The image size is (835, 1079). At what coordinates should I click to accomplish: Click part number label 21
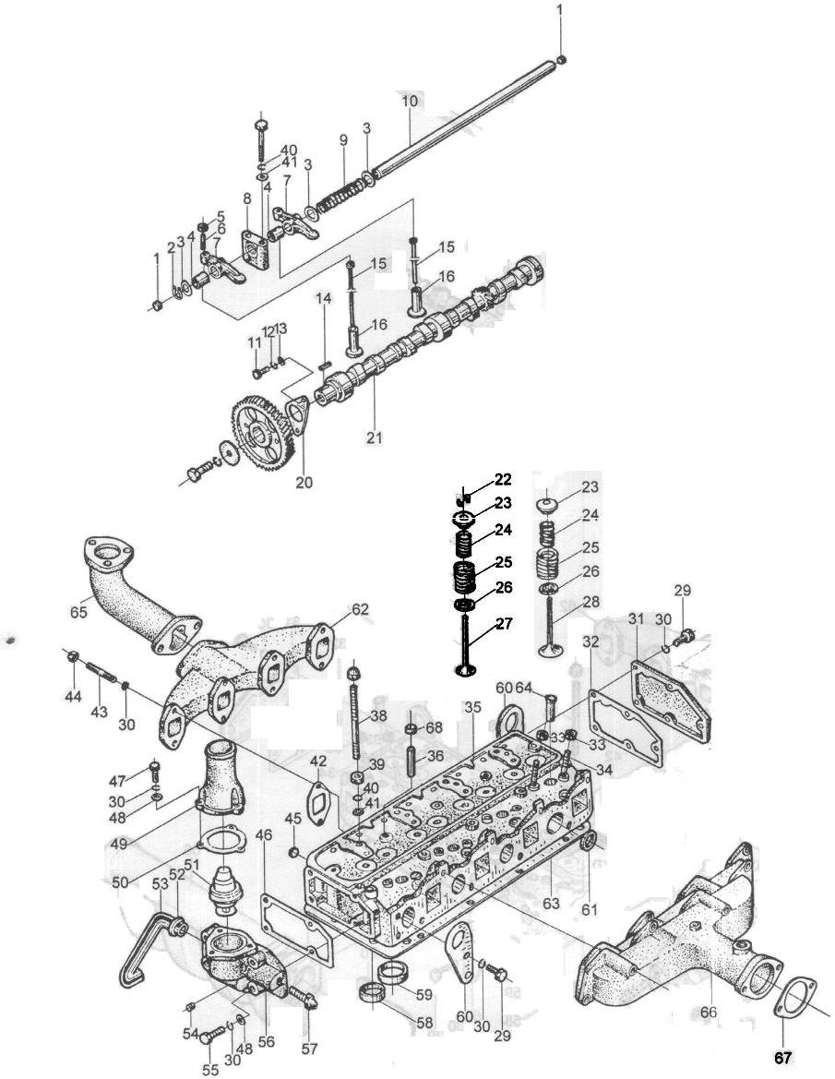(375, 438)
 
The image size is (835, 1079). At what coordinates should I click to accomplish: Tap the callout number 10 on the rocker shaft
(410, 102)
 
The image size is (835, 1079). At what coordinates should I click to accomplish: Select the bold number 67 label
(782, 1058)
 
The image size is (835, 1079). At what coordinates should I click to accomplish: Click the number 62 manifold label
(361, 609)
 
